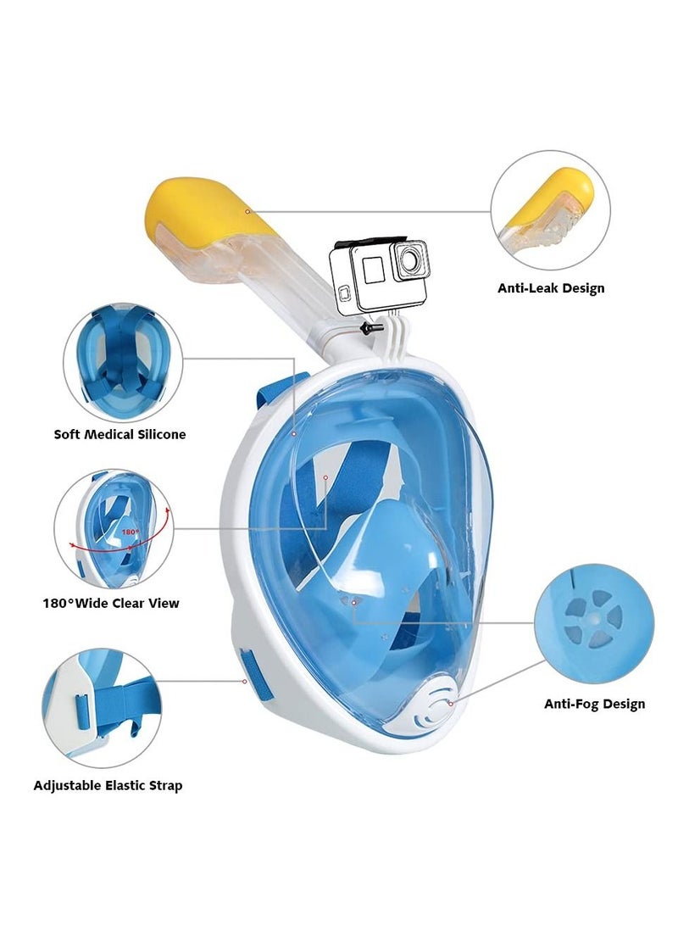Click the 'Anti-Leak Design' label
[x=551, y=288]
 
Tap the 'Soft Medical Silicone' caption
[x=119, y=434]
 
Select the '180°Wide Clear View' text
[x=111, y=604]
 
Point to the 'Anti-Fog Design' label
[x=594, y=704]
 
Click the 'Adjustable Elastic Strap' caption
[x=108, y=785]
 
